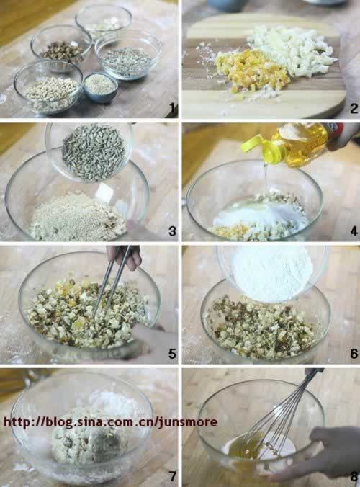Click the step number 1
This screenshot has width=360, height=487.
click(173, 110)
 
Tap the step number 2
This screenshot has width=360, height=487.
click(354, 109)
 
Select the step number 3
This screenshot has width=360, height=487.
click(172, 231)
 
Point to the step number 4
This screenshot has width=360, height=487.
click(354, 231)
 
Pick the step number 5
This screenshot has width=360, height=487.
click(172, 354)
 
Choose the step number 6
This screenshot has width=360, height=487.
click(354, 354)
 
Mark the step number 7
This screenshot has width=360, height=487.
click(172, 475)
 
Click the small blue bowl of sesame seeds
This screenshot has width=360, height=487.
click(100, 86)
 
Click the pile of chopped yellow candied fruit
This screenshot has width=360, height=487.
click(248, 70)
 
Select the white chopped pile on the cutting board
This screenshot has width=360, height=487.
click(293, 50)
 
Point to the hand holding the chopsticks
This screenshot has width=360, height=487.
click(126, 256)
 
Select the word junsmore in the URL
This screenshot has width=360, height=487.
click(189, 422)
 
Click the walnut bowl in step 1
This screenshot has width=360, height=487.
click(61, 47)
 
